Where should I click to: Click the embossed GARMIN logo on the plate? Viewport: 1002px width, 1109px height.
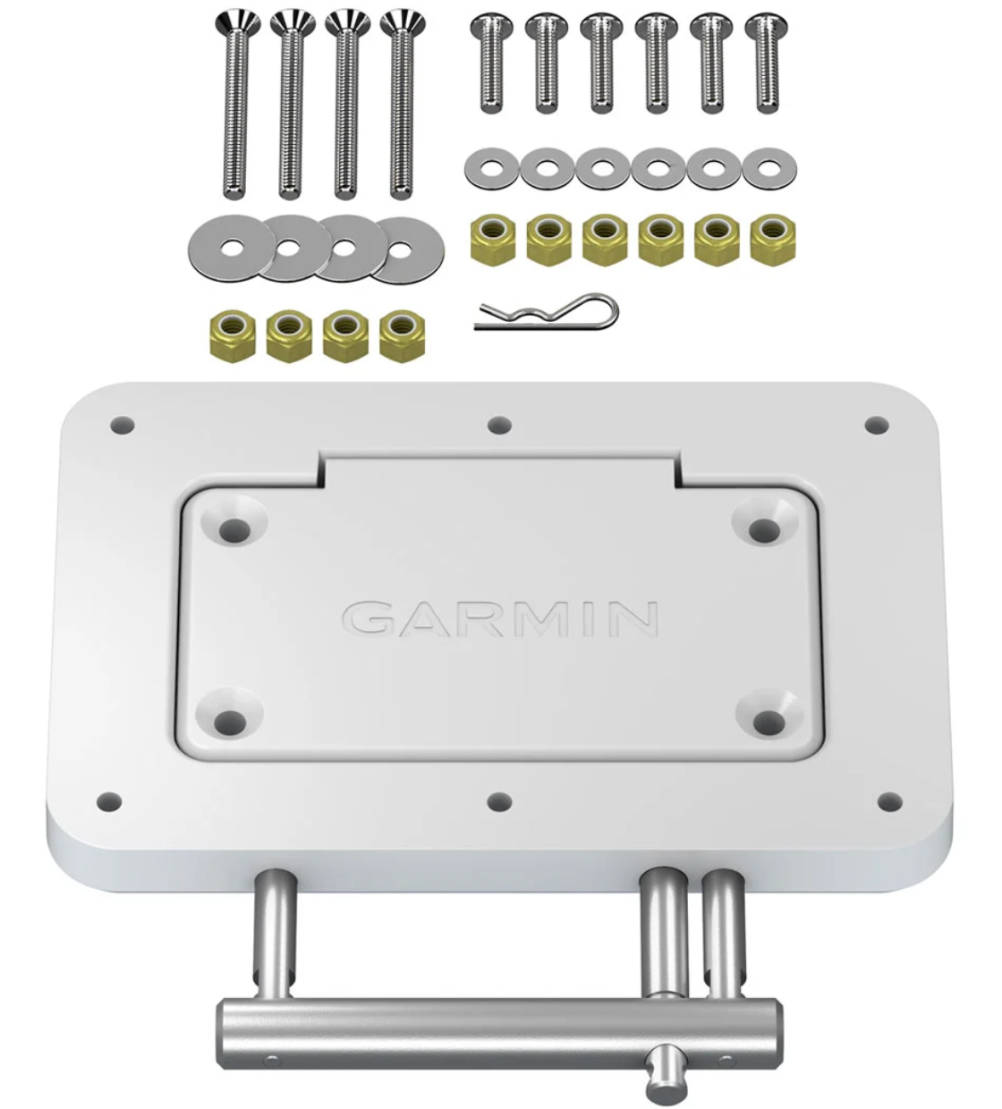[500, 619]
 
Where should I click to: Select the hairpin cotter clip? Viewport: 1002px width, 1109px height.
[546, 313]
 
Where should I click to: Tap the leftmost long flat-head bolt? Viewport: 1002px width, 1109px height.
[236, 105]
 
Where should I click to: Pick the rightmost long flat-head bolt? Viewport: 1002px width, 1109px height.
[403, 105]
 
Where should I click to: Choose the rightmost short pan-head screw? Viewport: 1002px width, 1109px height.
[767, 63]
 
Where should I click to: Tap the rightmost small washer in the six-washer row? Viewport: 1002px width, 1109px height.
[769, 167]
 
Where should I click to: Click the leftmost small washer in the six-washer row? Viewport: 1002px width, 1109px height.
[491, 167]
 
